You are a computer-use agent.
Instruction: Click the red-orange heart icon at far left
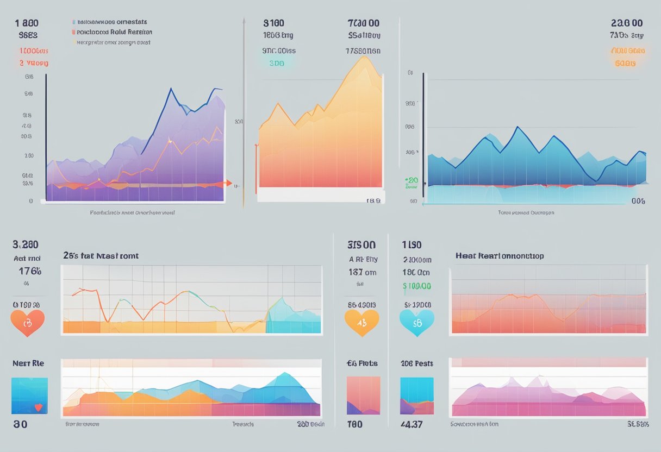click(x=27, y=323)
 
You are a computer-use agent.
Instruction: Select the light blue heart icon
click(x=417, y=322)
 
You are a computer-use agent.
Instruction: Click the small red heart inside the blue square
click(x=38, y=406)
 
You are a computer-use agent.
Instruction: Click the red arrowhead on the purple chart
click(x=229, y=184)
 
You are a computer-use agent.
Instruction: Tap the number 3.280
click(x=26, y=244)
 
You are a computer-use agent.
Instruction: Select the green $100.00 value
click(x=416, y=286)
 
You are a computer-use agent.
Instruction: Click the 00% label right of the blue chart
click(x=638, y=201)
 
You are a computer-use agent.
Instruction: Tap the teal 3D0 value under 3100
click(x=277, y=63)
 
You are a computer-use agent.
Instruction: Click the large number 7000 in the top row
click(x=363, y=23)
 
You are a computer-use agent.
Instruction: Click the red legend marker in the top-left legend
click(x=73, y=32)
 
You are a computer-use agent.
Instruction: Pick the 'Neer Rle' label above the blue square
click(x=28, y=363)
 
